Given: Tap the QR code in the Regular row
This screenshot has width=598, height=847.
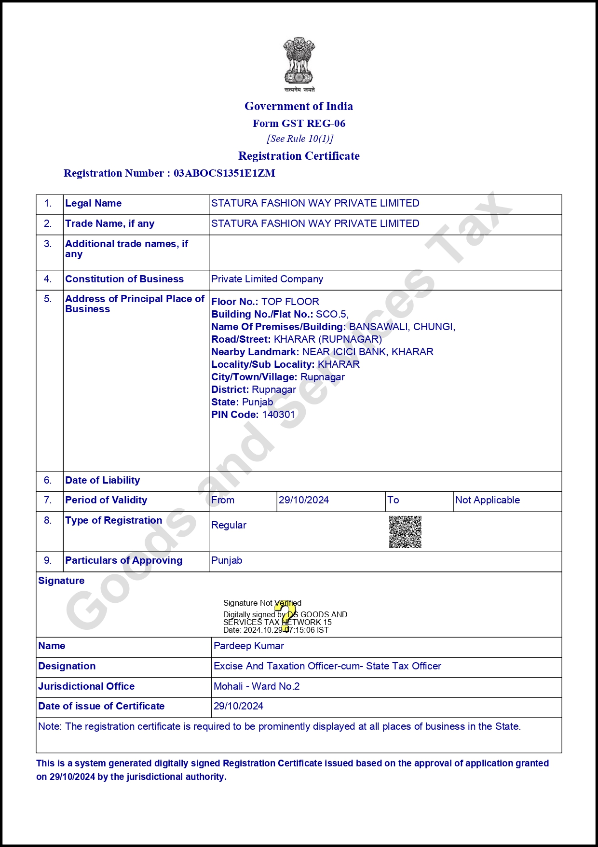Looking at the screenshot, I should (x=405, y=532).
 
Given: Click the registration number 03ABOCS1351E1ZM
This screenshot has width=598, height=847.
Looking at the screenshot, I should (x=224, y=173).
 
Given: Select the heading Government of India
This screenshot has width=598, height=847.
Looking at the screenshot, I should (x=299, y=106).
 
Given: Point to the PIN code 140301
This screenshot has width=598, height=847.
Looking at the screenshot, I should (x=278, y=415).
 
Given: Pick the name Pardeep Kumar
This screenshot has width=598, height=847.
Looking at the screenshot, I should (x=249, y=646).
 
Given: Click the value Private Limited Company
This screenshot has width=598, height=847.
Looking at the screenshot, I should (x=267, y=279).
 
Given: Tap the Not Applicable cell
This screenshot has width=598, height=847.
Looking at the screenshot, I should (x=488, y=500).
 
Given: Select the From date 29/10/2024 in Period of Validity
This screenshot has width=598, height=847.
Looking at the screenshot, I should (x=304, y=500).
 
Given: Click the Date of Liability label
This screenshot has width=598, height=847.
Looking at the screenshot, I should (x=103, y=480).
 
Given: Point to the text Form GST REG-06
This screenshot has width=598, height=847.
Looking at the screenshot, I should (x=299, y=124).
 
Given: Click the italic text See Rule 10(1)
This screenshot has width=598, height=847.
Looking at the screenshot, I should (x=300, y=139).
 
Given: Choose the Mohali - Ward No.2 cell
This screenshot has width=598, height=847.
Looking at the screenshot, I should (x=257, y=686).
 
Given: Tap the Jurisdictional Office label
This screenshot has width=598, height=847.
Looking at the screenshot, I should (x=86, y=686).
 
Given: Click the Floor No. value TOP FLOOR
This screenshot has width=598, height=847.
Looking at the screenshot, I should (x=290, y=302).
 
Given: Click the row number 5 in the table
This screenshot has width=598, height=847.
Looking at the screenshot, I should (x=48, y=299).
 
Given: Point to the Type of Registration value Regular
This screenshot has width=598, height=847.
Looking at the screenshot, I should (x=229, y=525).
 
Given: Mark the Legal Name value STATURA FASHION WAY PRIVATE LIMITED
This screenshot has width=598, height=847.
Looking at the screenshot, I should (x=315, y=203).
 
